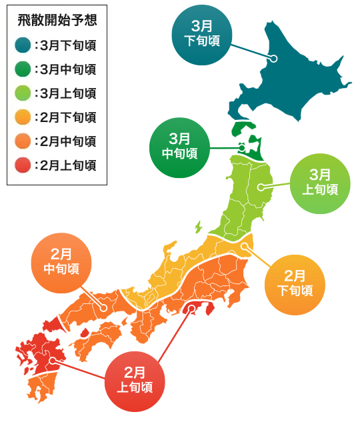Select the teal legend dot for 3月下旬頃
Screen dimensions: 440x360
pyautogui.click(x=23, y=46)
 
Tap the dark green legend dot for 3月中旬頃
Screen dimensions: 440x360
pyautogui.click(x=23, y=69)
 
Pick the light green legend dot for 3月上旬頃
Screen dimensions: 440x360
pyautogui.click(x=23, y=93)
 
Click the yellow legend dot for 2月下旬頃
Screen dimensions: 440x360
pyautogui.click(x=23, y=117)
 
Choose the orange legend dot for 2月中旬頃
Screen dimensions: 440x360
pyautogui.click(x=23, y=141)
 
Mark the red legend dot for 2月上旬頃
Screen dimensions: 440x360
pyautogui.click(x=23, y=165)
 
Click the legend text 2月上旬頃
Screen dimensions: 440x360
pyautogui.click(x=67, y=165)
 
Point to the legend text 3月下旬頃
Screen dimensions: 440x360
pyautogui.click(x=67, y=46)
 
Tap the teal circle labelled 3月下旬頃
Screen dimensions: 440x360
pyautogui.click(x=202, y=35)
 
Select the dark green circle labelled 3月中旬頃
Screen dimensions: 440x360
pyautogui.click(x=179, y=147)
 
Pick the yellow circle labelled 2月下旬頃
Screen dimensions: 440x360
pyautogui.click(x=295, y=285)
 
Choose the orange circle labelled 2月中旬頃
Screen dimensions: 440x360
pyautogui.click(x=61, y=263)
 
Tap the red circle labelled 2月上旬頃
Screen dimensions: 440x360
pyautogui.click(x=135, y=381)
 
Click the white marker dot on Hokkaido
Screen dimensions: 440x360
pyautogui.click(x=273, y=59)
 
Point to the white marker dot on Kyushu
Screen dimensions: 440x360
pyautogui.click(x=52, y=361)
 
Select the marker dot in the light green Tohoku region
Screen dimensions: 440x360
pyautogui.click(x=261, y=188)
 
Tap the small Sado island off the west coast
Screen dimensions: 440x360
pyautogui.click(x=198, y=227)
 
